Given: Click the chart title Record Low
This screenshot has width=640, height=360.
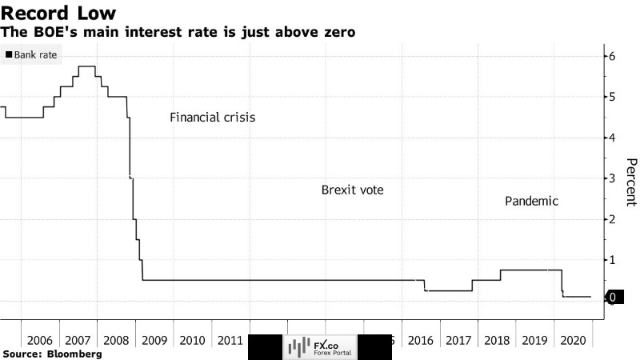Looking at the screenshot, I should [59, 13].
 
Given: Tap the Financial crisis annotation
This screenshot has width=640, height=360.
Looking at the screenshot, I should [212, 118].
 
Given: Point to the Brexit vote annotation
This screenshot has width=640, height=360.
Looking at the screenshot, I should [352, 190].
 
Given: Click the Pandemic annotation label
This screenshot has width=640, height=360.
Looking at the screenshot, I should [531, 201].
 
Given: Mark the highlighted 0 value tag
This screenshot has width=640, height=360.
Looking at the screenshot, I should [612, 297].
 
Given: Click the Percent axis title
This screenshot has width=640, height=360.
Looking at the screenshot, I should [630, 185].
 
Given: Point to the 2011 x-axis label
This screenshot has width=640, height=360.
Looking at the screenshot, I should [233, 340].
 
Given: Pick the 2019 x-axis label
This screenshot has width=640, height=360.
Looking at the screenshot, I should [536, 340].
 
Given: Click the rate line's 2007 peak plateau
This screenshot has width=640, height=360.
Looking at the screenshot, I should [87, 66].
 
